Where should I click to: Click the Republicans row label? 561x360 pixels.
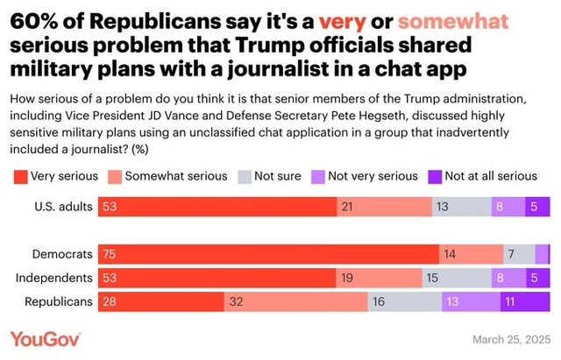(61, 300)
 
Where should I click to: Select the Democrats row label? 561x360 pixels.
(62, 254)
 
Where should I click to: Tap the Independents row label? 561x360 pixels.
(56, 278)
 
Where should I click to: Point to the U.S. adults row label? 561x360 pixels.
(63, 207)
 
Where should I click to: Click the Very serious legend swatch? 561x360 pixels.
(18, 176)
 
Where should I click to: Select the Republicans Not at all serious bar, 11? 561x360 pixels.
(524, 300)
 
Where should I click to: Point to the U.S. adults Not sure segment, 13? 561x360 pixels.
(461, 207)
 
